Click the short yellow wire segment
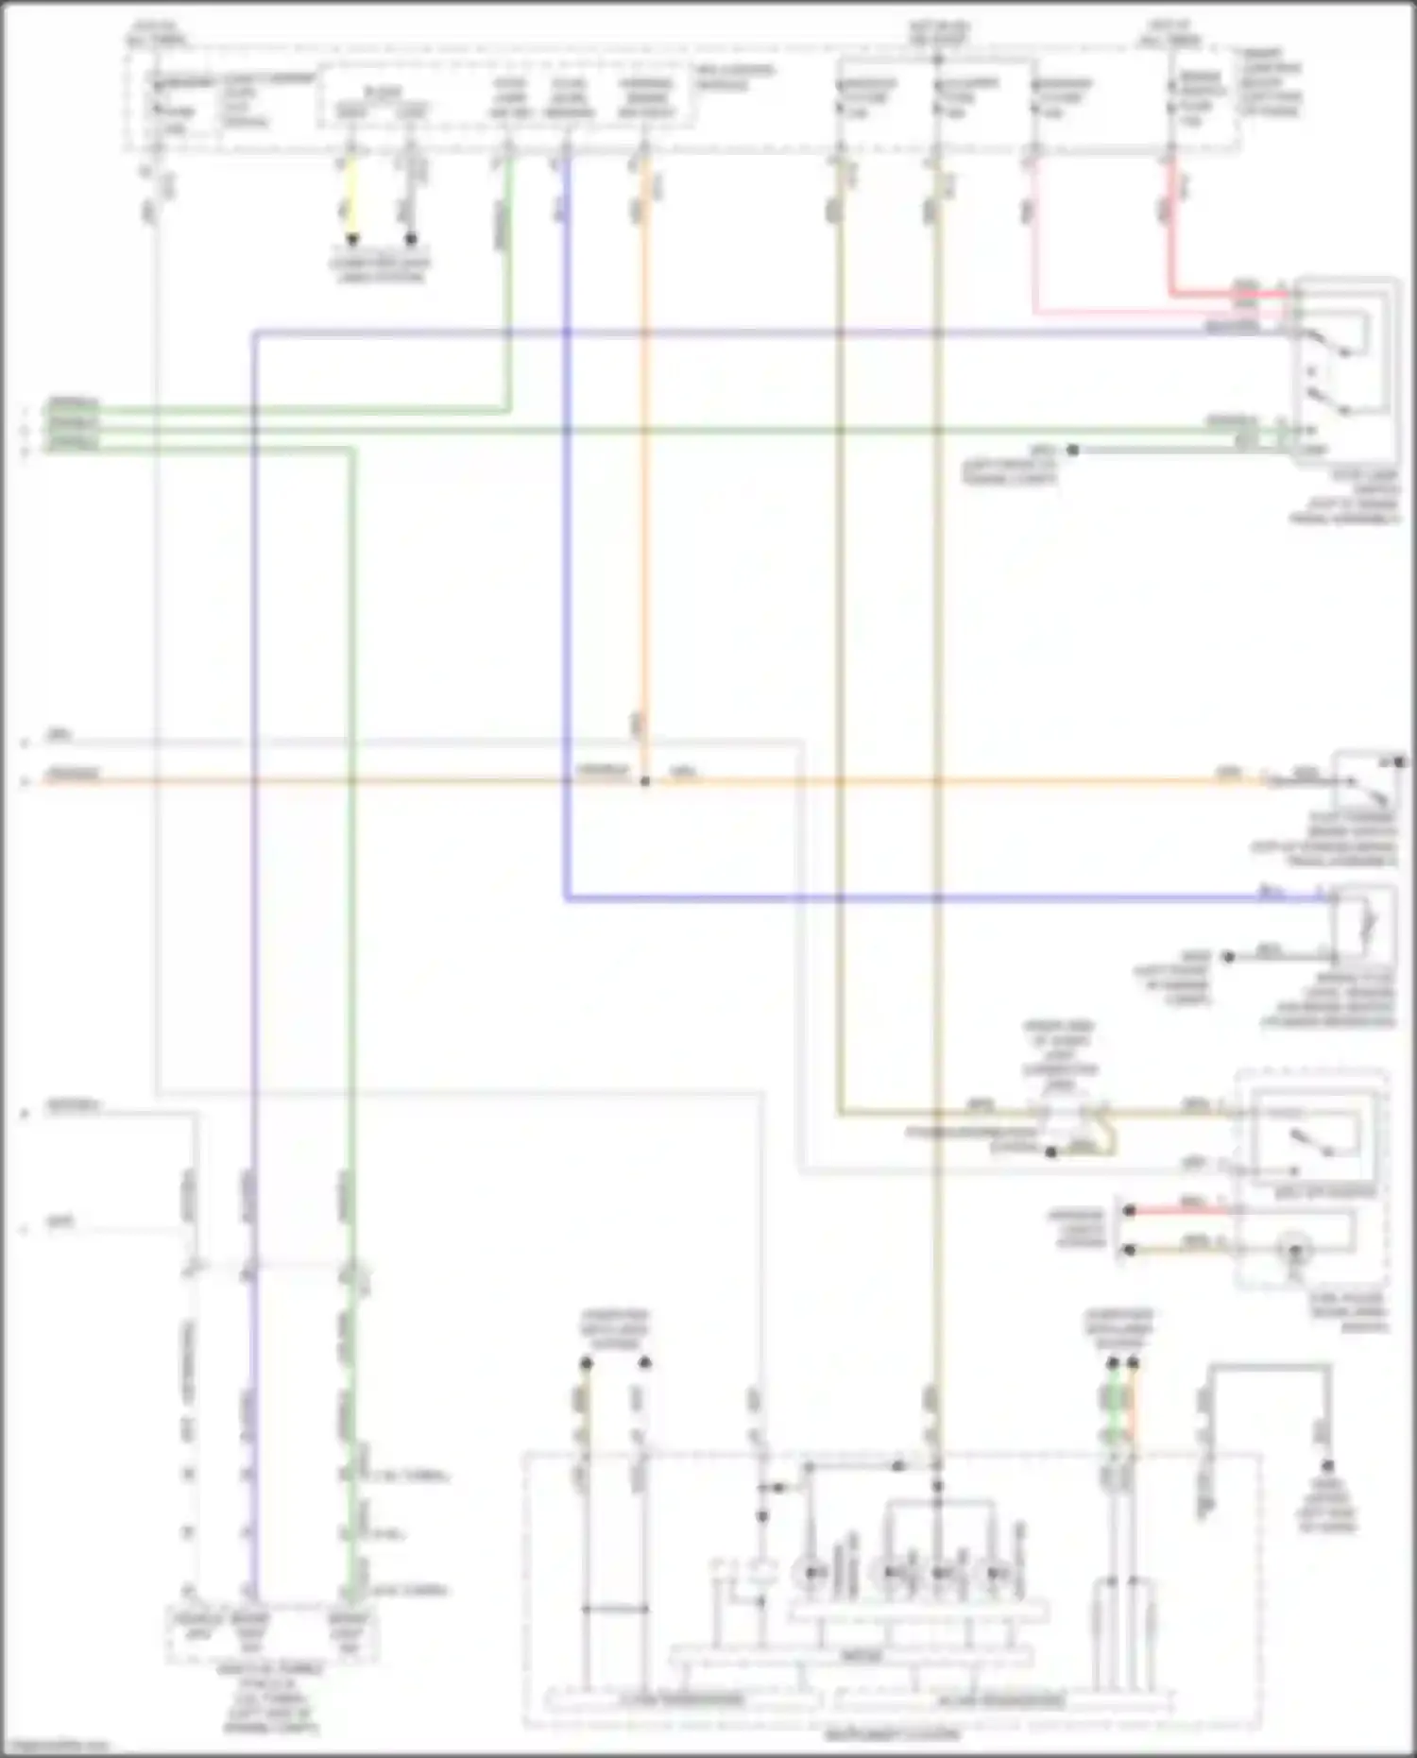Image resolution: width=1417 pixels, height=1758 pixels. click(351, 198)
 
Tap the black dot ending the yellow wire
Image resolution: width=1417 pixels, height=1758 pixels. click(351, 239)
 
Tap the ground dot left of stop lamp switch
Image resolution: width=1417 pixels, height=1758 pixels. click(1072, 451)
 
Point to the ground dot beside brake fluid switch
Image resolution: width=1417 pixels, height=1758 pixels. click(1228, 957)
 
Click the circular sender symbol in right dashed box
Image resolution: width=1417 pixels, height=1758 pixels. click(1296, 1251)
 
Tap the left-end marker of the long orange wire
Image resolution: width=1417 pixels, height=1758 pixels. click(26, 782)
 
